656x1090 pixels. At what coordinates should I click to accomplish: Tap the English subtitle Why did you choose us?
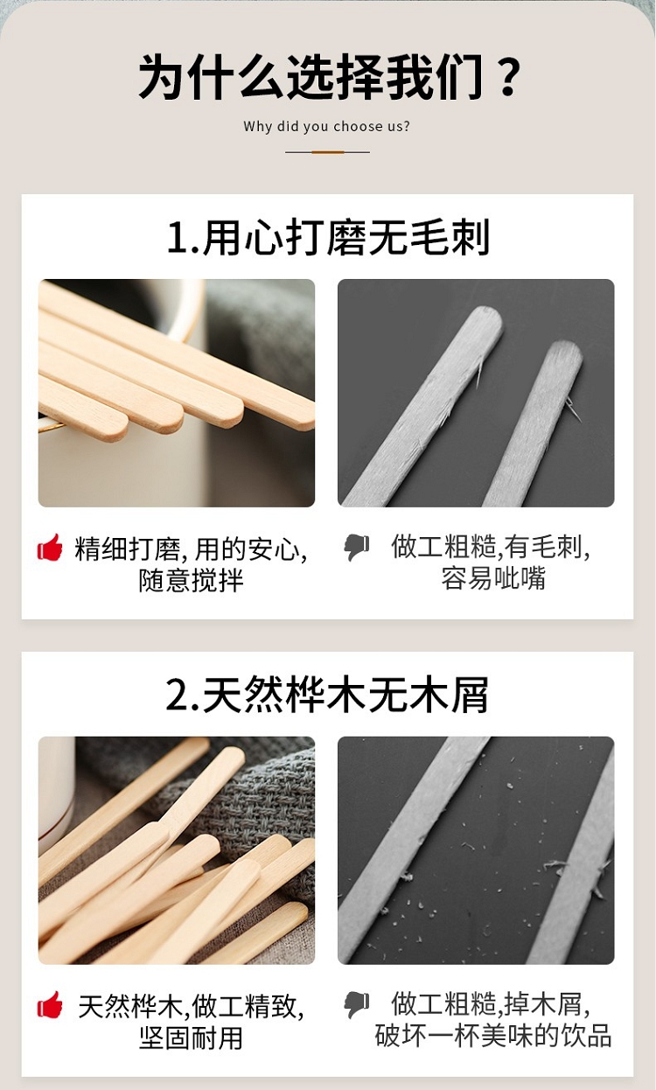pyautogui.click(x=326, y=127)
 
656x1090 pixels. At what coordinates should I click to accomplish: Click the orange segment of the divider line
pyautogui.click(x=327, y=152)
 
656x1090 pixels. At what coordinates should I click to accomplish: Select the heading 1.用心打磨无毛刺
pyautogui.click(x=328, y=238)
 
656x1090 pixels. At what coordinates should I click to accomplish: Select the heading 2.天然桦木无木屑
pyautogui.click(x=326, y=695)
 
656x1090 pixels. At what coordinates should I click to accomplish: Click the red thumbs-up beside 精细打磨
pyautogui.click(x=50, y=548)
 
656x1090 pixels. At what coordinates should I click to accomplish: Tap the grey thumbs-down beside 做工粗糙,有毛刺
pyautogui.click(x=356, y=548)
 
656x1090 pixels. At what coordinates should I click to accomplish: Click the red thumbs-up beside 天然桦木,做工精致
pyautogui.click(x=50, y=1005)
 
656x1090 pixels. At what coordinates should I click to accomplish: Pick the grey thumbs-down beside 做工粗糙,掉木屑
pyautogui.click(x=356, y=1005)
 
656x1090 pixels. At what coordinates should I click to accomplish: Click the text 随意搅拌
pyautogui.click(x=191, y=581)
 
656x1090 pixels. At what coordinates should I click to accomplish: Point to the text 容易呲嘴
pyautogui.click(x=493, y=578)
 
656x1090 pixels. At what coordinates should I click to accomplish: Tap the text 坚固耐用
pyautogui.click(x=191, y=1038)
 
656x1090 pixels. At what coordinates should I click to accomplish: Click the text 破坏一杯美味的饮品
pyautogui.click(x=493, y=1036)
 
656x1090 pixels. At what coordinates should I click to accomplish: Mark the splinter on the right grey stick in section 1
pyautogui.click(x=572, y=408)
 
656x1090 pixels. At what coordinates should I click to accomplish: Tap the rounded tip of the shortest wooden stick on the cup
pyautogui.click(x=118, y=429)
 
